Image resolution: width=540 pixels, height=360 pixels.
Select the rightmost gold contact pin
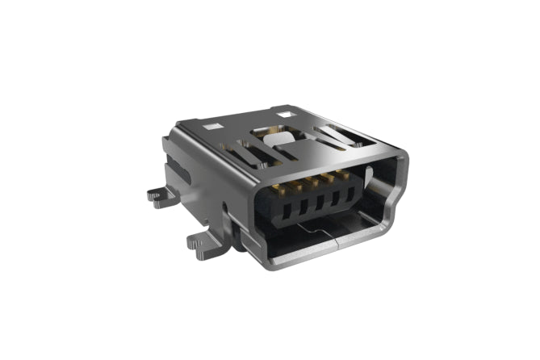coord(343,174)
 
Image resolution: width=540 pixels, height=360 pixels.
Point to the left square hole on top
coord(213,127)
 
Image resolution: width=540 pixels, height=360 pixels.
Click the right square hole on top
coord(284,115)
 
